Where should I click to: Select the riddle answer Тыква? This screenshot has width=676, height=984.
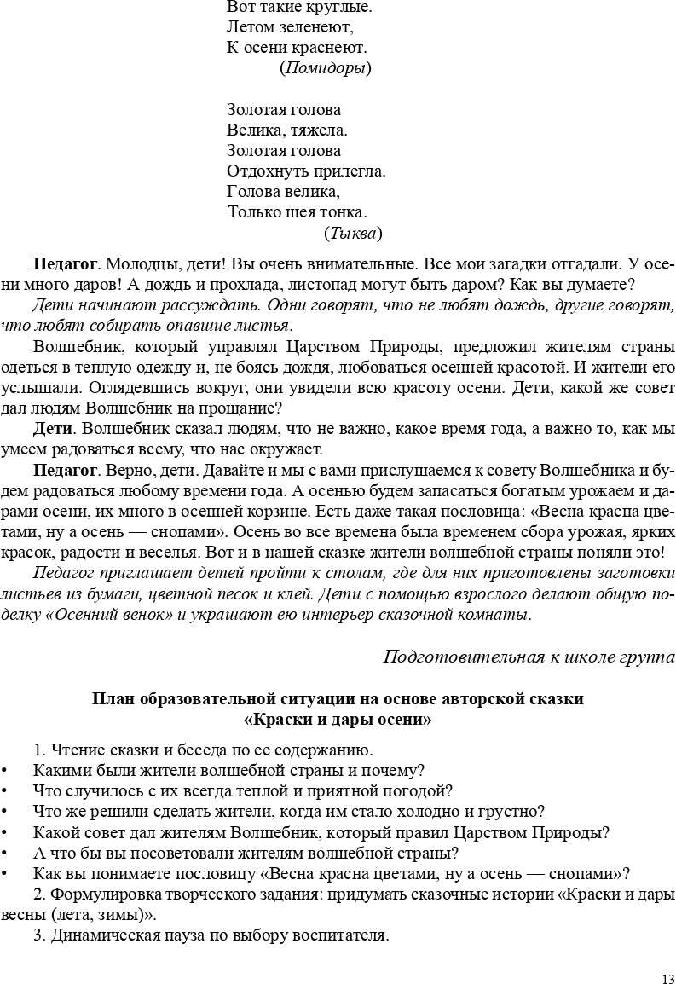click(353, 233)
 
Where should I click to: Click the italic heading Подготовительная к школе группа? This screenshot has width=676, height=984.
click(529, 657)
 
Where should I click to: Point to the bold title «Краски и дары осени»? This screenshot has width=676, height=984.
click(338, 719)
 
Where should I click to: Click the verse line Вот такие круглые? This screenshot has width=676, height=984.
click(299, 7)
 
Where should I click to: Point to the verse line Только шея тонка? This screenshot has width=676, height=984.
click(298, 212)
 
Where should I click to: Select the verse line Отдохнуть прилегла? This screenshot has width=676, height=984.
click(306, 171)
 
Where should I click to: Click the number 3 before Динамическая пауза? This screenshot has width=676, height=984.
click(38, 935)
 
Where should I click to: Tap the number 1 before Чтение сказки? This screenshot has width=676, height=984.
click(38, 750)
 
